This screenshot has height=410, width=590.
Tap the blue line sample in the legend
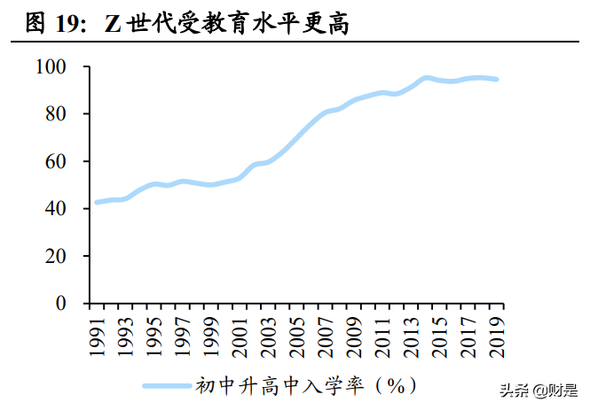coord(169,386)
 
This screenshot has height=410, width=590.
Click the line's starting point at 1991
coord(97,203)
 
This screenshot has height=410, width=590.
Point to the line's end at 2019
coord(496,80)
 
